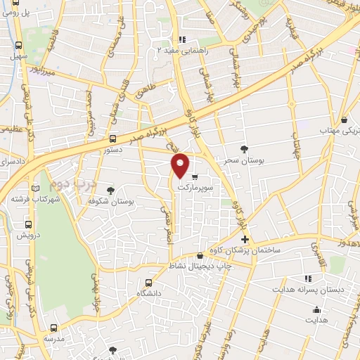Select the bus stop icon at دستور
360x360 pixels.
(113, 139)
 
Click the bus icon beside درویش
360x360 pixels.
(27, 225)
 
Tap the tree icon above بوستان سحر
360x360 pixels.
(244, 149)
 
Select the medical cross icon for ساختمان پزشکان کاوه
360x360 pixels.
(244, 240)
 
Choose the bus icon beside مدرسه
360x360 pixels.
(53, 327)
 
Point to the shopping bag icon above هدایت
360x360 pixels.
(316, 309)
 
